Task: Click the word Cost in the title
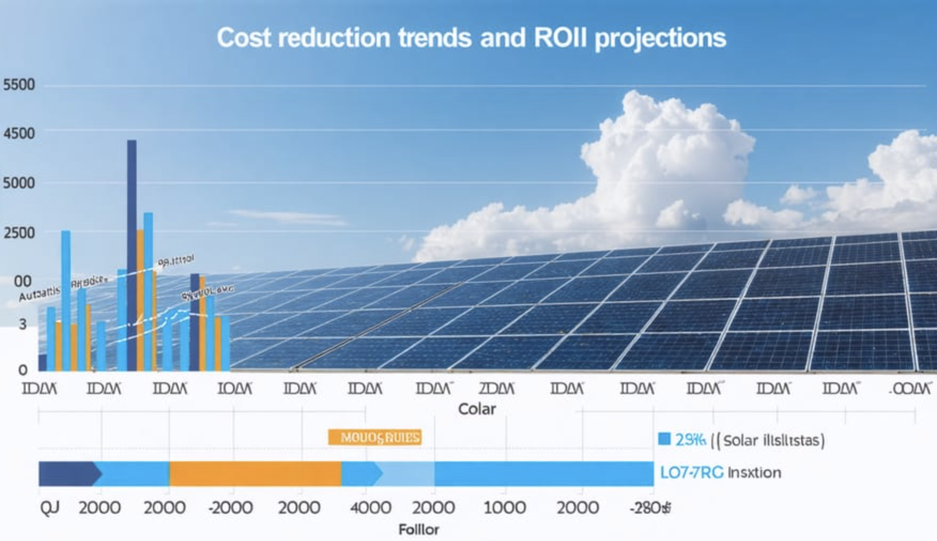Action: click(243, 38)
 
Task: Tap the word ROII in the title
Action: click(560, 38)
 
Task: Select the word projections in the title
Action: click(660, 38)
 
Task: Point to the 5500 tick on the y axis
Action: click(19, 85)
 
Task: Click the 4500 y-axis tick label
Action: click(19, 134)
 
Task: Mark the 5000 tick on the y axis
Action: click(19, 183)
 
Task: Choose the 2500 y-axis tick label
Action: click(19, 233)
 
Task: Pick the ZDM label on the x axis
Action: click(496, 389)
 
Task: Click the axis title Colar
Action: click(477, 409)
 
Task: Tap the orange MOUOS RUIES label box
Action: click(374, 438)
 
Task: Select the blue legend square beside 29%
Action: click(664, 439)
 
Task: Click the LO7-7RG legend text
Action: click(691, 473)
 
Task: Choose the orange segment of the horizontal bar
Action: click(255, 474)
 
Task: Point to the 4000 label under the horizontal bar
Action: click(370, 507)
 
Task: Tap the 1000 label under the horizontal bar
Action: click(504, 507)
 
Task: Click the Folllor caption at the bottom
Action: click(419, 530)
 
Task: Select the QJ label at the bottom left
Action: click(49, 507)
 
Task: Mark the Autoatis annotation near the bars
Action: click(40, 293)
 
